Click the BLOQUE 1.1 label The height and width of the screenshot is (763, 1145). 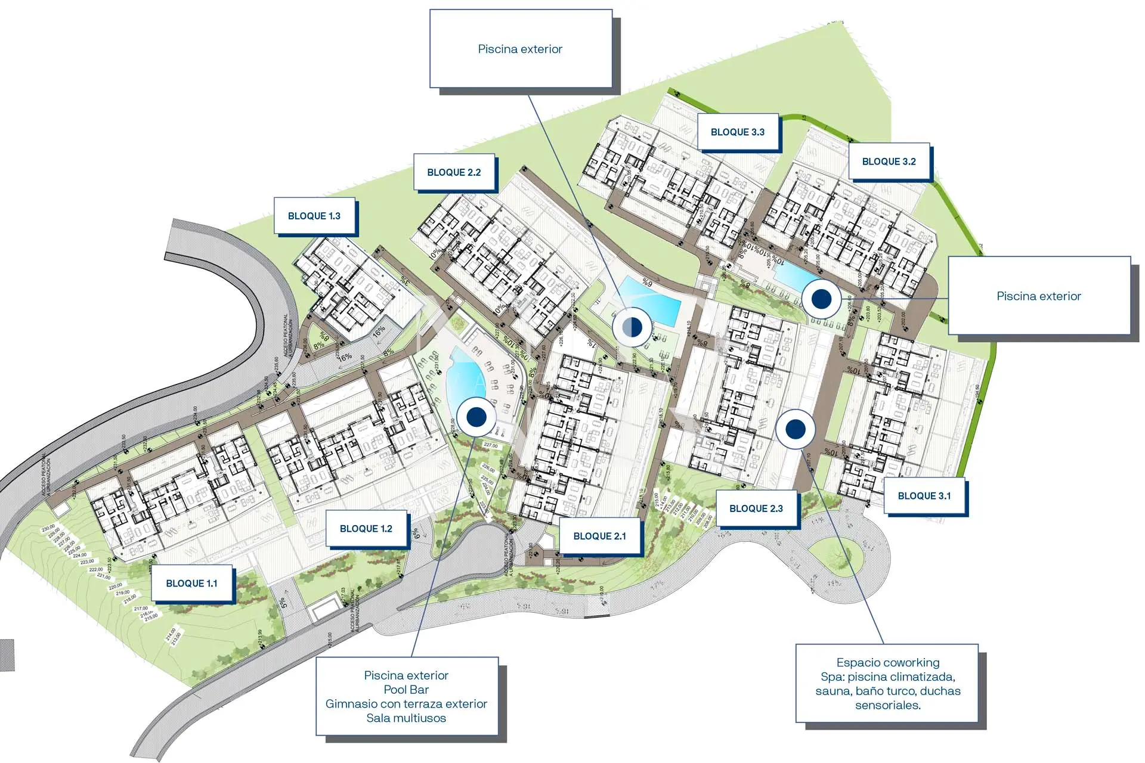[x=191, y=584]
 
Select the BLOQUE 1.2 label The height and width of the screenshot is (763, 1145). [x=366, y=529]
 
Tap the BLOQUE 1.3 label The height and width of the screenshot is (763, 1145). [x=314, y=216]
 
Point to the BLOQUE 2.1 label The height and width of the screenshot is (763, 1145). [x=599, y=536]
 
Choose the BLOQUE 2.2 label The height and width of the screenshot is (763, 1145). [x=454, y=172]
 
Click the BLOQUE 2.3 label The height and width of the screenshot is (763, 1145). [x=756, y=508]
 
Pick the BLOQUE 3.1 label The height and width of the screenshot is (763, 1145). [x=924, y=496]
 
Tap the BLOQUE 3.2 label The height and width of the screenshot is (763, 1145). [x=889, y=162]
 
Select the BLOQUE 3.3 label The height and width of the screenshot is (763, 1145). [x=737, y=132]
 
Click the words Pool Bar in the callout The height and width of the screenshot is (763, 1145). [x=406, y=690]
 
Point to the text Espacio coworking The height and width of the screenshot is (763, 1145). [x=887, y=663]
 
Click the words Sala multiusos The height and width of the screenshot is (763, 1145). [x=406, y=718]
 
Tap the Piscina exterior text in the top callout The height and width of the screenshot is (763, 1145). [x=520, y=49]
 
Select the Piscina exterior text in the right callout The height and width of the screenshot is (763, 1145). [x=1038, y=296]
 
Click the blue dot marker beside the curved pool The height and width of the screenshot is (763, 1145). [x=476, y=417]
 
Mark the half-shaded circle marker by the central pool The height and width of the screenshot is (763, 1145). [x=632, y=327]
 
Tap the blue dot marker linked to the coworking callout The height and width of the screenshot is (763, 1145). [x=795, y=429]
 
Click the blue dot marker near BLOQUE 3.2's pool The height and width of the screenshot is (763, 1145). [x=821, y=299]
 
